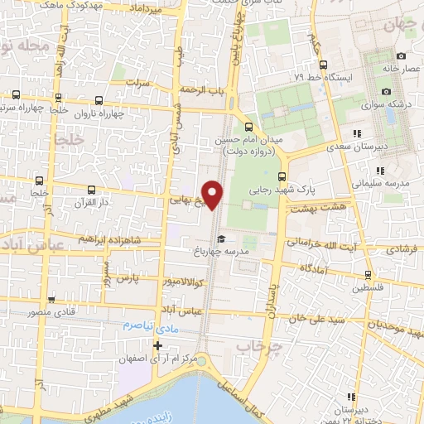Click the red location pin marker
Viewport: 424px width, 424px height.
(x=213, y=193)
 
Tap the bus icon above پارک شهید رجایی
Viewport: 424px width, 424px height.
(x=282, y=176)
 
